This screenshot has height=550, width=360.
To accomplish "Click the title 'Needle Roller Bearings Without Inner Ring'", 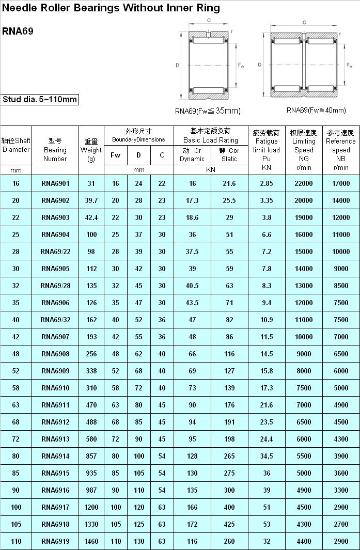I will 111,8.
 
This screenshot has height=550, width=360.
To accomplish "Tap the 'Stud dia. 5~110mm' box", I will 40,100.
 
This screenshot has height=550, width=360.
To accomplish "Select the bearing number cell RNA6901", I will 55,183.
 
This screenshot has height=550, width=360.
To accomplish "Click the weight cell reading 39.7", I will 91,200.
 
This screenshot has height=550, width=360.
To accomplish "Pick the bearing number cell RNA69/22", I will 55,252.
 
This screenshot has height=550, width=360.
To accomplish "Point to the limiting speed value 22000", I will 304,183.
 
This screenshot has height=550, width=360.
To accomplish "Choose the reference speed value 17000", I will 341,183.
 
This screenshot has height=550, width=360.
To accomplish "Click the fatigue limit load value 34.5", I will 267,456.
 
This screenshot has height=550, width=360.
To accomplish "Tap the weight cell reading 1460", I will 91,541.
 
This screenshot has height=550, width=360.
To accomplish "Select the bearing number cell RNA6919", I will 55,541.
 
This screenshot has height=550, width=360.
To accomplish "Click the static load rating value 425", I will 229,524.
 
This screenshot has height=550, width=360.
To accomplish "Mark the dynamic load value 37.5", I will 192,252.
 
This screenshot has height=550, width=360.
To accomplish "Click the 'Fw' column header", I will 116,155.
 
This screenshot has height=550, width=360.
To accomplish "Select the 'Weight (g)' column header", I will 91,150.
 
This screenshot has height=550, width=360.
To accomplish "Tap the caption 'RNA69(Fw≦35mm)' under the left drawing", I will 208,111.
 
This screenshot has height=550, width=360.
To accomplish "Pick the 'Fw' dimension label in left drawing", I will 241,66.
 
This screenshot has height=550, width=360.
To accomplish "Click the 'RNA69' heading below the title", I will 18,31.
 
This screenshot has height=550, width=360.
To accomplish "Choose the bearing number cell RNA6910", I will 55,388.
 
